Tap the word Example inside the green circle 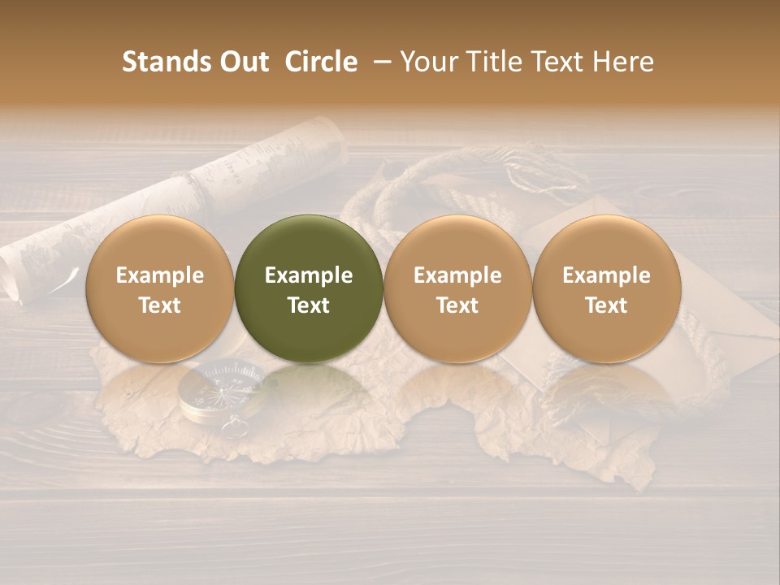(309, 275)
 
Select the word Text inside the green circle (309, 305)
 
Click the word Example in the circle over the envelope (606, 275)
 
